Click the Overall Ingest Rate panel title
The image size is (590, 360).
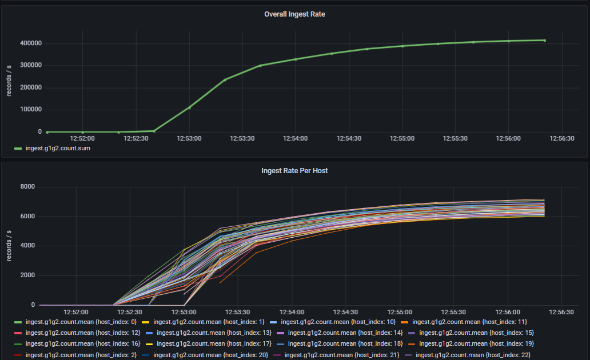tap(294, 14)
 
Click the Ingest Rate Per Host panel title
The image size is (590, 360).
tap(294, 170)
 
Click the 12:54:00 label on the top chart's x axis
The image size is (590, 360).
tap(296, 138)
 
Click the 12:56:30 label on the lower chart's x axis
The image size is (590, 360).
tap(561, 313)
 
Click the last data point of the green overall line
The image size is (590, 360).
tap(544, 41)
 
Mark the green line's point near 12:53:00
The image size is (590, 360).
tap(189, 107)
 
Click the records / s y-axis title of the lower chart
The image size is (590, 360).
tap(9, 246)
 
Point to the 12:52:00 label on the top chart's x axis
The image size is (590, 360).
tap(82, 138)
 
